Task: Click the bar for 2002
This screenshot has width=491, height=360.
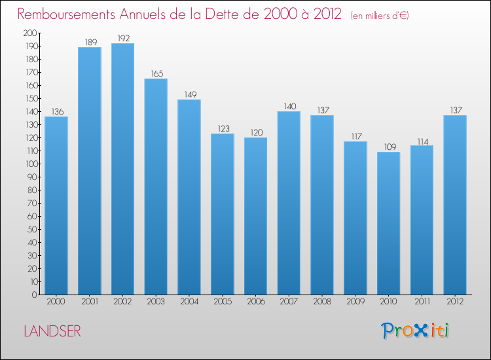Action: tap(122, 169)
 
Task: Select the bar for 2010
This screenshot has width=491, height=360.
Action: tap(388, 223)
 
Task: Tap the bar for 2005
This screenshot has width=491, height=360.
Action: tap(223, 213)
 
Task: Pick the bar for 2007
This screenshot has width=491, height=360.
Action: tap(289, 203)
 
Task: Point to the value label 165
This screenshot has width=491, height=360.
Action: tap(156, 73)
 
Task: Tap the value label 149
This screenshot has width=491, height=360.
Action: tap(189, 94)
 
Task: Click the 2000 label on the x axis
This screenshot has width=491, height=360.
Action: tap(56, 302)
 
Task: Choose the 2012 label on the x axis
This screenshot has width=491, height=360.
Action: tap(455, 302)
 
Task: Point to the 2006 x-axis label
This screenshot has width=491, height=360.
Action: tap(255, 302)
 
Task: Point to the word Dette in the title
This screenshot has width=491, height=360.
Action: tap(234, 14)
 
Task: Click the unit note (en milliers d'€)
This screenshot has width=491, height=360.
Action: tap(380, 15)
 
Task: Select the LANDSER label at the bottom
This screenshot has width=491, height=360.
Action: tap(52, 331)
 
